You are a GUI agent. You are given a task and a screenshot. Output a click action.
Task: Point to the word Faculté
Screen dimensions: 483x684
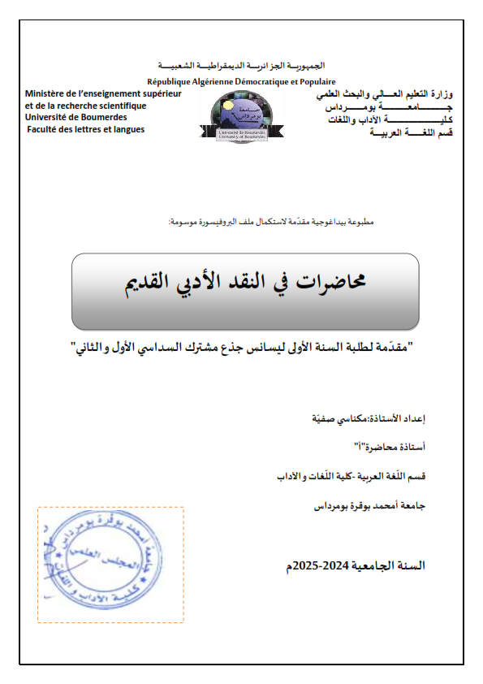click(45, 129)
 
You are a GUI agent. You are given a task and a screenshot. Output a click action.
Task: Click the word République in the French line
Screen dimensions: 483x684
click(170, 82)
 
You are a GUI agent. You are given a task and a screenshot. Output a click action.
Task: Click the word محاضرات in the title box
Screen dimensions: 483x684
click(331, 281)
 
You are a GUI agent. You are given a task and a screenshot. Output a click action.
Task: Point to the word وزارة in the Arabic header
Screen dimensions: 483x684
click(441, 96)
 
